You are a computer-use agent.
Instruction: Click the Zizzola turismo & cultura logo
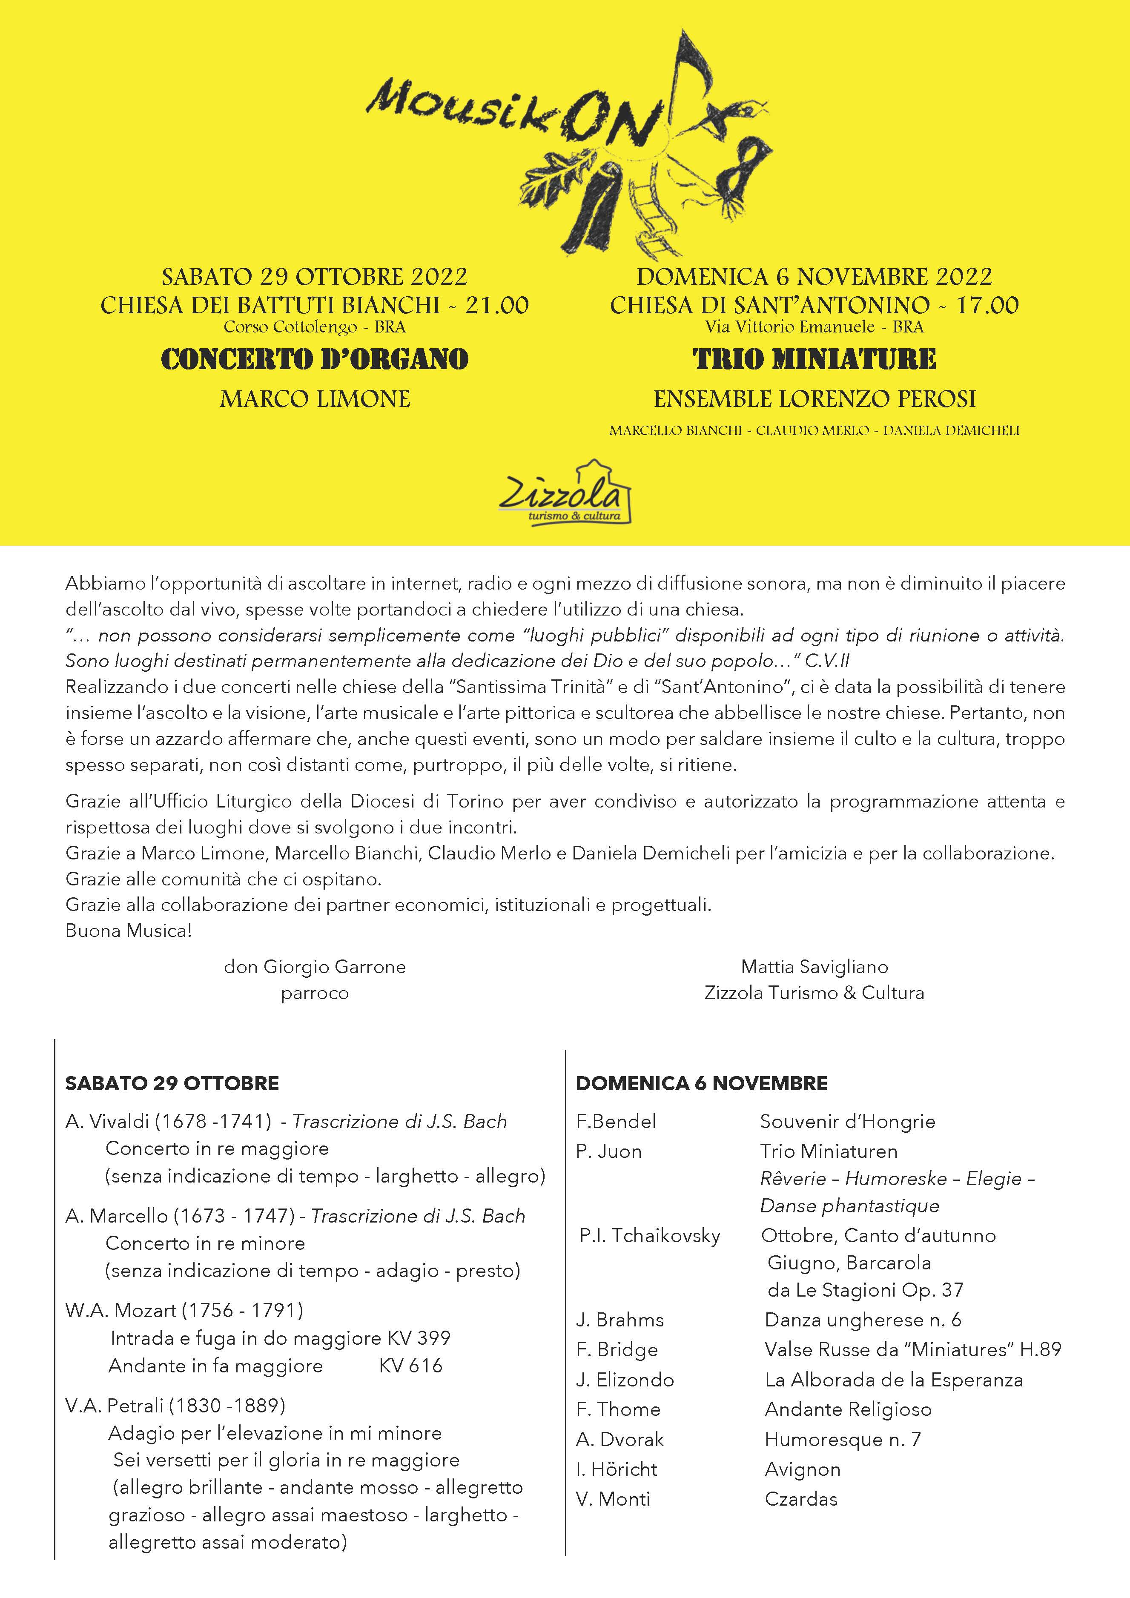565,494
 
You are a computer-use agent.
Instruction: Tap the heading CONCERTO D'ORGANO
315,360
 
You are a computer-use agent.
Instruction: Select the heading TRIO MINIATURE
814,360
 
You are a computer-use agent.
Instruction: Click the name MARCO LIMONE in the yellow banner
315,399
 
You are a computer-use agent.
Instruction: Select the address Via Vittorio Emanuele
789,327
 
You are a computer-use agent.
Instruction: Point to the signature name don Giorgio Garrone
315,967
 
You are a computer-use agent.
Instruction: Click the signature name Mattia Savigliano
814,967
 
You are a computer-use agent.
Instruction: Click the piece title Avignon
802,1469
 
